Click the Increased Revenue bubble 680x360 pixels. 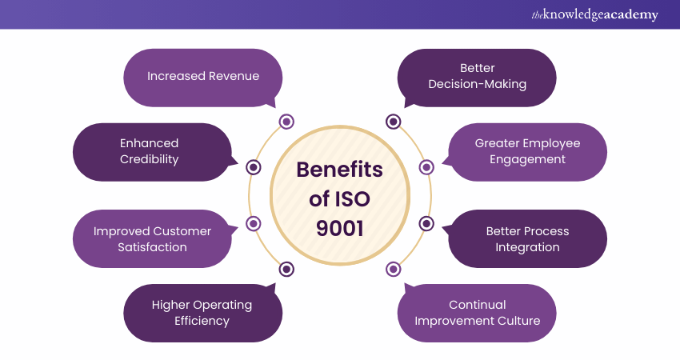pos(203,77)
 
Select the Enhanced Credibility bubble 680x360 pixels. pos(150,151)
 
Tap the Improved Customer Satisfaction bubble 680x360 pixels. pos(152,238)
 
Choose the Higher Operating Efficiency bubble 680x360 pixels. pos(202,313)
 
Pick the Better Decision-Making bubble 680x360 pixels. pos(477,77)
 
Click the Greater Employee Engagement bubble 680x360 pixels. pos(528,151)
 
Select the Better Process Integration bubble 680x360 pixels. pos(528,238)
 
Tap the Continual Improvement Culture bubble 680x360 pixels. pos(477,313)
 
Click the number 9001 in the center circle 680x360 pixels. pos(339,229)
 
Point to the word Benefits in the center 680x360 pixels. pos(339,170)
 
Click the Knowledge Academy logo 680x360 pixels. pos(594,15)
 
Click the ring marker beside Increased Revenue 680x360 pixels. pos(286,122)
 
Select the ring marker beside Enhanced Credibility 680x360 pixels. pos(254,167)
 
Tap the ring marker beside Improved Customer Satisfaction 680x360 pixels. pos(254,223)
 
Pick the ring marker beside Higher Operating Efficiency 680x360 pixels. pos(286,269)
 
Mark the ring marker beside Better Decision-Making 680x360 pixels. pos(393,122)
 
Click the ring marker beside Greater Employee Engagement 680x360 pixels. pos(426,167)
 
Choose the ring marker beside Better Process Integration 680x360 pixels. pos(426,223)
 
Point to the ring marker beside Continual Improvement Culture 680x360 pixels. pos(393,269)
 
